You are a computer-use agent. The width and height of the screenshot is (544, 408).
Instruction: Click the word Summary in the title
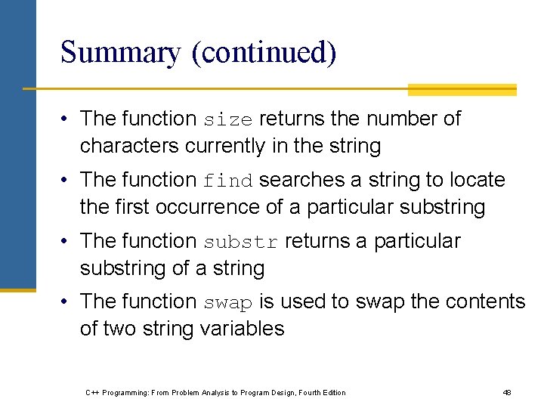coord(120,53)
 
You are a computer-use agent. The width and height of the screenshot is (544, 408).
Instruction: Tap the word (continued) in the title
coord(264,53)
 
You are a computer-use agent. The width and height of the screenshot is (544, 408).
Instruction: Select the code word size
coord(228,120)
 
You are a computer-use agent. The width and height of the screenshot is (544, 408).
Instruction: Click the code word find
coord(228,181)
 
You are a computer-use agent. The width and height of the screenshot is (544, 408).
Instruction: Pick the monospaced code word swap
coord(228,303)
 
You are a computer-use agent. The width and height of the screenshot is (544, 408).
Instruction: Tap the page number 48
coord(507,393)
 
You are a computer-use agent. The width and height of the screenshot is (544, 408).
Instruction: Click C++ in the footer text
coord(92,393)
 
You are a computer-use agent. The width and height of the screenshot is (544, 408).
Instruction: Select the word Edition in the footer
coord(332,393)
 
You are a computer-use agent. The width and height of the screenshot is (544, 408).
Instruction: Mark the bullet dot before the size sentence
coord(67,119)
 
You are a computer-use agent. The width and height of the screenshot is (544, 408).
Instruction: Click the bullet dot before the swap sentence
coord(67,302)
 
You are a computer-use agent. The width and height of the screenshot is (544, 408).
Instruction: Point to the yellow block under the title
coord(462,90)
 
